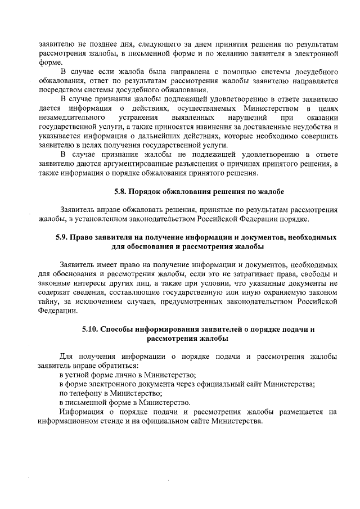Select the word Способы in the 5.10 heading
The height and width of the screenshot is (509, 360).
(x=123, y=329)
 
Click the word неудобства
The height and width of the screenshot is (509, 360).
(x=312, y=127)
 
